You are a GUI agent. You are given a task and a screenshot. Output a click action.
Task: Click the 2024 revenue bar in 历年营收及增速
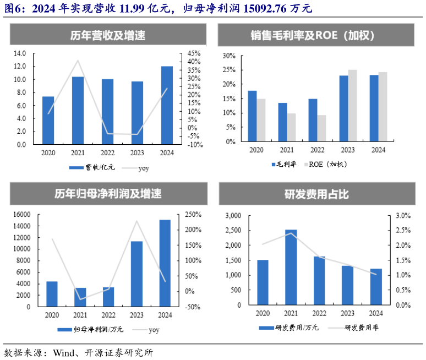coord(167,105)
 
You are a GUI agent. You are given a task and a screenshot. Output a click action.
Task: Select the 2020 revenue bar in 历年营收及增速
coord(48,120)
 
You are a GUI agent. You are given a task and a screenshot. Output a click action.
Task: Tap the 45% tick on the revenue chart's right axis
coord(195,53)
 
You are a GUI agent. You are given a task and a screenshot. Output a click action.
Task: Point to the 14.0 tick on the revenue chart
coord(20,53)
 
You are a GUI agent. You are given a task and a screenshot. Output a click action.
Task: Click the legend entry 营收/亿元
coord(92,167)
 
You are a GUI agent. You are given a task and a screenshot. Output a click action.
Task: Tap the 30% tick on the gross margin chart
coord(229,56)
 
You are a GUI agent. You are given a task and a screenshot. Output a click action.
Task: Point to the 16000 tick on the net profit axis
coord(22,215)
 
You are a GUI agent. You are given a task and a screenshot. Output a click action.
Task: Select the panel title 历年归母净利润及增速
coord(107,194)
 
